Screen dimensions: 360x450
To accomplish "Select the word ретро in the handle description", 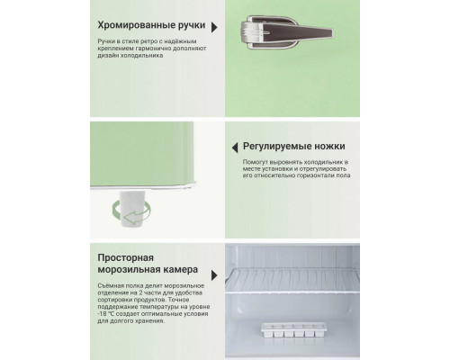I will click(153, 41).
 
